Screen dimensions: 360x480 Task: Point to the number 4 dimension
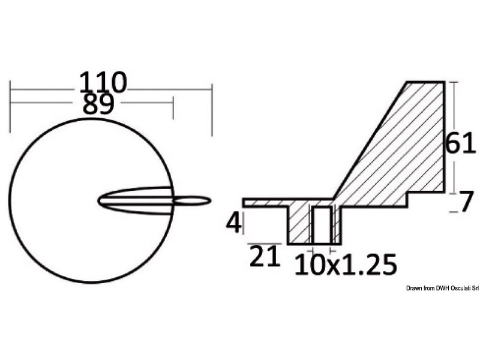pos(233,223)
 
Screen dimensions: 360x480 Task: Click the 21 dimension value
pos(264,257)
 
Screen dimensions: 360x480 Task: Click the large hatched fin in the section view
pos(408,150)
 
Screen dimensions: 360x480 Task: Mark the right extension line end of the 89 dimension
pos(173,115)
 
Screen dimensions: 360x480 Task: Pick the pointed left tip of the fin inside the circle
pos(100,200)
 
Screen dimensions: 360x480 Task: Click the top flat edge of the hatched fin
pos(425,82)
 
